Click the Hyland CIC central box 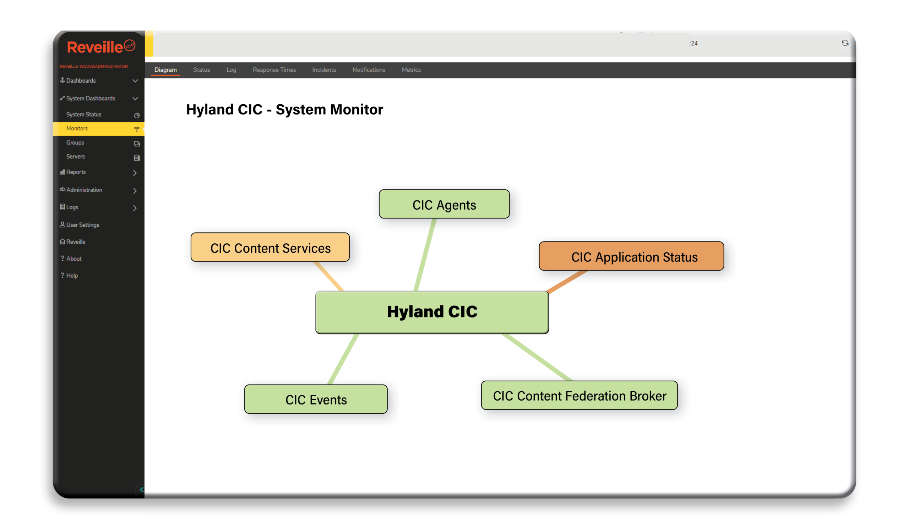click(x=432, y=312)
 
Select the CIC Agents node click(x=444, y=204)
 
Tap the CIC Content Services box click(x=270, y=247)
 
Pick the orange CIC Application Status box click(x=631, y=256)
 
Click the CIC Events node click(x=316, y=399)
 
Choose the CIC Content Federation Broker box click(x=579, y=395)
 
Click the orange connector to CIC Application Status click(x=567, y=282)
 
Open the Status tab click(x=202, y=70)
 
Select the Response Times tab click(x=274, y=70)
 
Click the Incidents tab click(x=324, y=70)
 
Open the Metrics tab click(x=411, y=70)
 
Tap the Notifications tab click(x=369, y=70)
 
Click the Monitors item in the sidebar click(x=77, y=128)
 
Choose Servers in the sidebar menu click(x=76, y=156)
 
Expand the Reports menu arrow click(x=135, y=173)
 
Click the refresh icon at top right click(x=845, y=43)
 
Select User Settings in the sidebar click(x=82, y=225)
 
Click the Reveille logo click(x=100, y=47)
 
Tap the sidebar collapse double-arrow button click(x=141, y=490)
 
